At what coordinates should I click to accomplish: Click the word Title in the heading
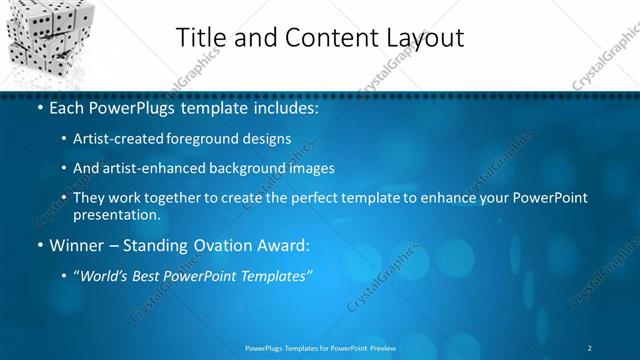[x=202, y=38]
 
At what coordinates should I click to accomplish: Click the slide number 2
[x=590, y=348]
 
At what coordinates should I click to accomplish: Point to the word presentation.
[x=116, y=214]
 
